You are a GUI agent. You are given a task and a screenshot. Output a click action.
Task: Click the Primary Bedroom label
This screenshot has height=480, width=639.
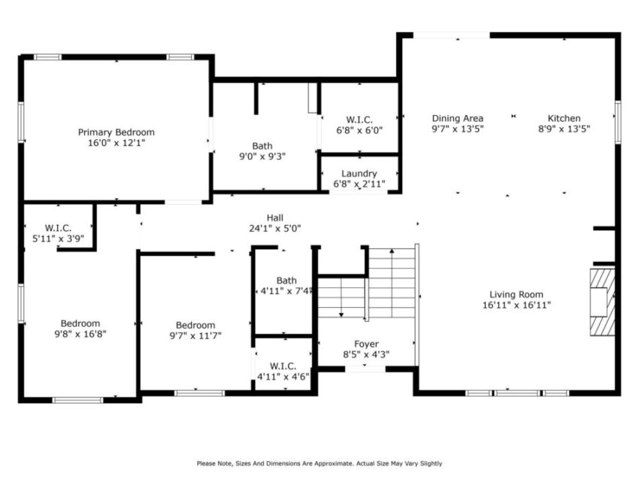click(x=116, y=132)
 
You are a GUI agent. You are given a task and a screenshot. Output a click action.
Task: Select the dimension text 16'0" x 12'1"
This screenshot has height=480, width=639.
click(x=116, y=143)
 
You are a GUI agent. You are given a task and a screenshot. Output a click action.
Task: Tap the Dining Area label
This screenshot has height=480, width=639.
click(x=457, y=118)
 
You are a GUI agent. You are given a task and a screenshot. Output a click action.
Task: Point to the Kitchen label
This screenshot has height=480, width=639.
click(x=564, y=118)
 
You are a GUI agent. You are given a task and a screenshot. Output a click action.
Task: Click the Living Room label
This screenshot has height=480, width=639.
click(x=516, y=295)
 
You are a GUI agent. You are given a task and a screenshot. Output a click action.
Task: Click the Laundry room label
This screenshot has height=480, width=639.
click(x=359, y=174)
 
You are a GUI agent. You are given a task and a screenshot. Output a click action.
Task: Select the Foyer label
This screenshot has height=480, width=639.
click(x=366, y=344)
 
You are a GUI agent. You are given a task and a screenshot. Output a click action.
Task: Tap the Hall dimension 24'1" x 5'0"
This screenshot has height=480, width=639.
click(x=275, y=229)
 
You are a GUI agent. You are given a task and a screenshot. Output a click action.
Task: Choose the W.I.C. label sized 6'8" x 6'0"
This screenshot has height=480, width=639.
click(x=359, y=120)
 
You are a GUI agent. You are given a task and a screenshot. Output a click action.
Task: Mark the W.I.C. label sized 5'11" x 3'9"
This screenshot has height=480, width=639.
click(x=58, y=227)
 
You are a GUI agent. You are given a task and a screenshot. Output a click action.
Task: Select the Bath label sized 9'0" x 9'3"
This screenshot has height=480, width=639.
click(x=262, y=146)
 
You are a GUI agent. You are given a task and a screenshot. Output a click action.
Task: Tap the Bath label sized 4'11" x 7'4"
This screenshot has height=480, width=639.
click(x=286, y=281)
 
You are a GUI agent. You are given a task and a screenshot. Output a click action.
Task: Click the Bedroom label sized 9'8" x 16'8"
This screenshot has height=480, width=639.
click(x=80, y=324)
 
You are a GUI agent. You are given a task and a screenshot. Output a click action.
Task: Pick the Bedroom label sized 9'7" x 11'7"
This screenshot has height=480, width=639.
click(x=195, y=326)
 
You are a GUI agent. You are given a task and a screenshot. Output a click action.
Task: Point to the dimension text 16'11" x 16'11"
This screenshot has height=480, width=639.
click(x=516, y=305)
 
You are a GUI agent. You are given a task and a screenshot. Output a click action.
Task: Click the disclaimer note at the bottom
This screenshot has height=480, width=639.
click(x=319, y=463)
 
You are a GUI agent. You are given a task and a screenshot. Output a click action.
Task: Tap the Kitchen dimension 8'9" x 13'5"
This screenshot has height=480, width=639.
click(x=564, y=129)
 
